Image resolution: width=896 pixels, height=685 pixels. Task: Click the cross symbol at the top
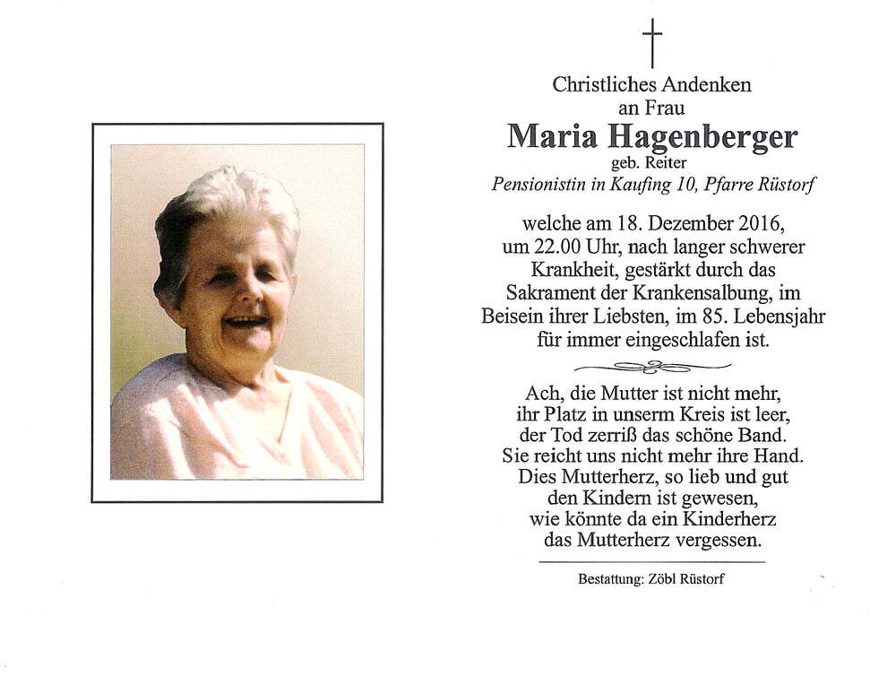652,42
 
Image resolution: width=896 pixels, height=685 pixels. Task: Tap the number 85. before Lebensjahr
730,316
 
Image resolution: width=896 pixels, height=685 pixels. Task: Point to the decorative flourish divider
652,366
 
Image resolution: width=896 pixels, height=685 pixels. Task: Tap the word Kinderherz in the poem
728,519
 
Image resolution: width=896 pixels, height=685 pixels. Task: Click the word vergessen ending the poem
716,541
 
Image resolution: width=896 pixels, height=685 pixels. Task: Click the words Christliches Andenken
651,85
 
